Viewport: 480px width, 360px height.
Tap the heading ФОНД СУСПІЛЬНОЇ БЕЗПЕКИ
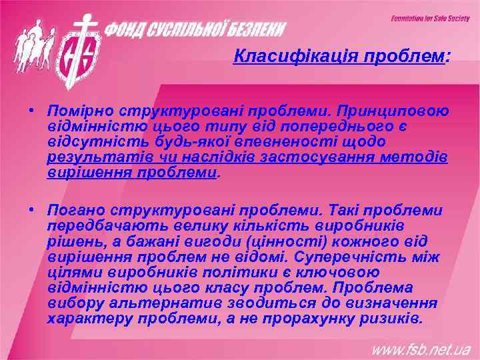pos(197,30)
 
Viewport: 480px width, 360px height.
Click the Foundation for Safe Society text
pos(430,19)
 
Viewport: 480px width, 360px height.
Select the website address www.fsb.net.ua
pos(421,349)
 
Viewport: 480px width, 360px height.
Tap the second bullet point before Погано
pos(32,211)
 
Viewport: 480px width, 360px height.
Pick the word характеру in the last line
pos(89,318)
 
